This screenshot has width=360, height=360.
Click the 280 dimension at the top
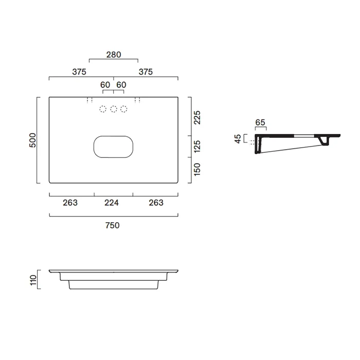click(114, 55)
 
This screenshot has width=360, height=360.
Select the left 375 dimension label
click(79, 72)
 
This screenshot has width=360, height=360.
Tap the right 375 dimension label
click(146, 72)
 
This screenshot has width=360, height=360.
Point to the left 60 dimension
click(105, 85)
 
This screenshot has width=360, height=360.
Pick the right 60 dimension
click(121, 85)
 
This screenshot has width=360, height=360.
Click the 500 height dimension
click(33, 140)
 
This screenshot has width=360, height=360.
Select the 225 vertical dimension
click(197, 118)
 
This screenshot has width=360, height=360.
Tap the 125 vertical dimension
click(197, 147)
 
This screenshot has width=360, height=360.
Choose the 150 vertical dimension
click(197, 169)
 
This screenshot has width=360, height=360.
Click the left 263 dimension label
click(70, 203)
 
